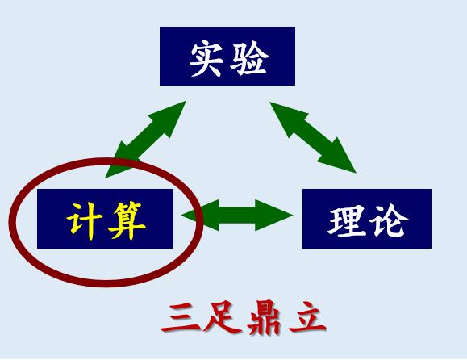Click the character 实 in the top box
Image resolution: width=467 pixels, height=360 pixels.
(206, 59)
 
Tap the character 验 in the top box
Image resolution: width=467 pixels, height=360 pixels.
(249, 58)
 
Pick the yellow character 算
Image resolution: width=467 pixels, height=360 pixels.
(127, 220)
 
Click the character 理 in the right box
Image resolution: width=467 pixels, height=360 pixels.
(346, 221)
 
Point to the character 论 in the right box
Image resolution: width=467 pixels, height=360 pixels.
(389, 220)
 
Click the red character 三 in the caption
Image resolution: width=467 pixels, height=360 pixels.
(181, 318)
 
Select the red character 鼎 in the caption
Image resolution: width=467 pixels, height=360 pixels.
(264, 318)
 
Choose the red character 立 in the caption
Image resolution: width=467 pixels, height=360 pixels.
(307, 317)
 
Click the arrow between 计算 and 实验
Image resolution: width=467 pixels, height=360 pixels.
(146, 140)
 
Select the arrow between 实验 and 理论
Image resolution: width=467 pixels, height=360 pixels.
(313, 137)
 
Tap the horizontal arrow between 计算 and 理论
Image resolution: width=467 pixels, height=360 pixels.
(237, 216)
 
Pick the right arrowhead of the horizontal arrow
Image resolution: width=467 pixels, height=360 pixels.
(273, 216)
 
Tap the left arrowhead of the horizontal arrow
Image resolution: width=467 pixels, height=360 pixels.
(200, 216)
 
